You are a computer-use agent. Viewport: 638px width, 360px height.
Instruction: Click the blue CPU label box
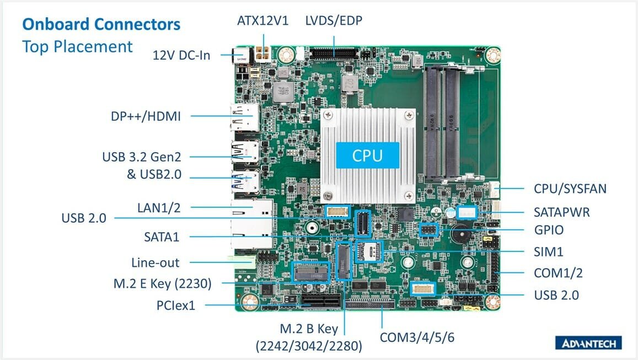tap(367, 155)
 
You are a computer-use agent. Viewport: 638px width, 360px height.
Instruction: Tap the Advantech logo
tap(588, 343)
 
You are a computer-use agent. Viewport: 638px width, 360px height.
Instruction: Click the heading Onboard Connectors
tap(101, 24)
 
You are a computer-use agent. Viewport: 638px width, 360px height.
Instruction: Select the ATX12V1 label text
tap(263, 21)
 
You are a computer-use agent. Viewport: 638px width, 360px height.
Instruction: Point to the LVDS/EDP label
tap(334, 21)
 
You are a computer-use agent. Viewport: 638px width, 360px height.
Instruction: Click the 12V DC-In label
tap(181, 55)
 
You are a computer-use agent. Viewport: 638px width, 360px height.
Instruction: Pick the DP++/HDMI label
tap(146, 116)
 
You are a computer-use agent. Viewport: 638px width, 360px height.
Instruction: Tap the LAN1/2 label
tap(159, 208)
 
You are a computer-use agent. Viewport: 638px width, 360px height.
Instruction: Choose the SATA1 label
tap(162, 237)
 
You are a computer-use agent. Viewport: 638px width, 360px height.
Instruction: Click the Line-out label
tap(155, 263)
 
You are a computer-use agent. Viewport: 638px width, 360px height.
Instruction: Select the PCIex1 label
tap(176, 305)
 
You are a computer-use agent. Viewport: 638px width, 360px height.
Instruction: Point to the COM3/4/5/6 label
tap(417, 337)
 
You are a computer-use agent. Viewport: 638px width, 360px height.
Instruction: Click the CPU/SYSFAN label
tap(570, 189)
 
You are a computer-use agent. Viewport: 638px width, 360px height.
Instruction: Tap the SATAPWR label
tap(561, 212)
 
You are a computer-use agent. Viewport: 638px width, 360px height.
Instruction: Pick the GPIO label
tap(549, 230)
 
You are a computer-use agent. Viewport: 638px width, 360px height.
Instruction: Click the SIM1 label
tap(549, 252)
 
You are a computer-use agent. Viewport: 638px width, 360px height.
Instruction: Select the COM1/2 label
tap(558, 273)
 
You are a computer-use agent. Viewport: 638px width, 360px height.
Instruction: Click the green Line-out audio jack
tap(242, 262)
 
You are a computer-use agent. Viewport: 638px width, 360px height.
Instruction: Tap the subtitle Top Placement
tap(77, 47)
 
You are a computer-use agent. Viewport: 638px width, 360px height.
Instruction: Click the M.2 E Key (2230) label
tap(162, 283)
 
